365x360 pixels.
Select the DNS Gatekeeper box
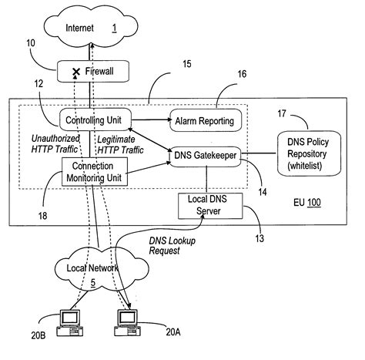pos(205,155)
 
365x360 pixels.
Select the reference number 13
pos(259,239)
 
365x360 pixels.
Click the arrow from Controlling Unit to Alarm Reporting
pos(149,120)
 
